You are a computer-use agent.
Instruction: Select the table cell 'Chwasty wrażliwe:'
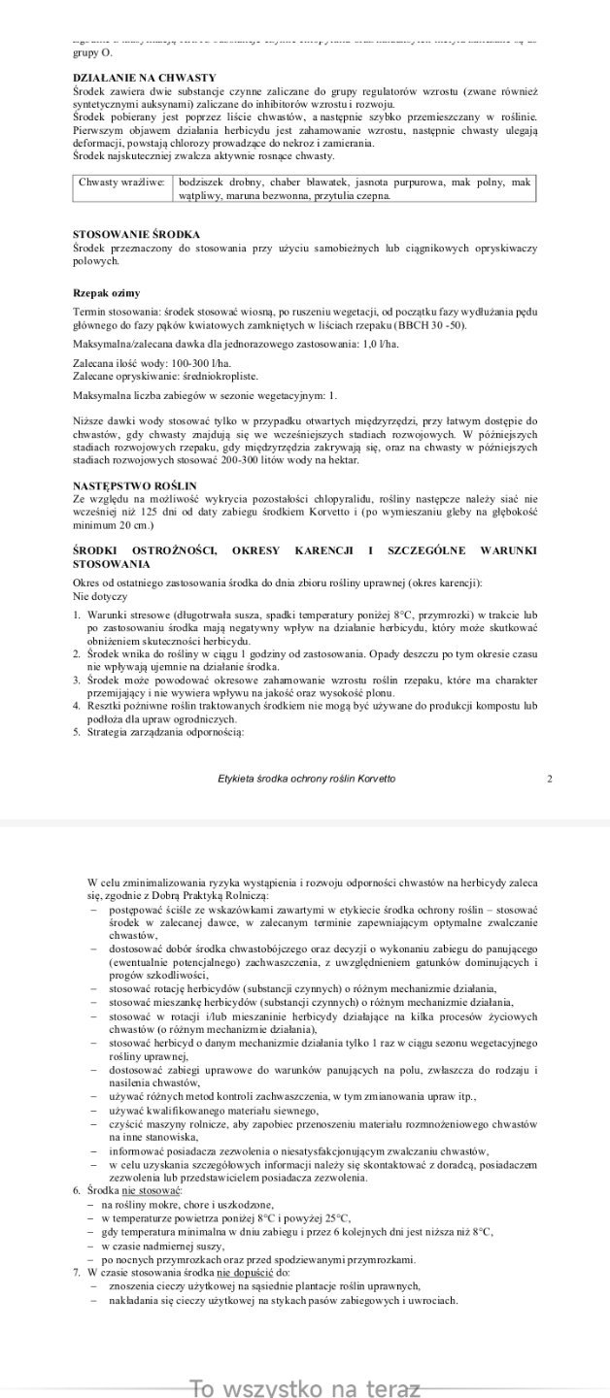tap(121, 182)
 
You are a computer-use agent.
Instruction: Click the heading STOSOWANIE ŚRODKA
tap(137, 235)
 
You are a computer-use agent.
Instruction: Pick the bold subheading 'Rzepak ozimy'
tap(107, 292)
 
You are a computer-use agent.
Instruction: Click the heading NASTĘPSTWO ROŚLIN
tap(136, 483)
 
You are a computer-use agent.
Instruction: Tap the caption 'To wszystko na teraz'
tap(305, 1387)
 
